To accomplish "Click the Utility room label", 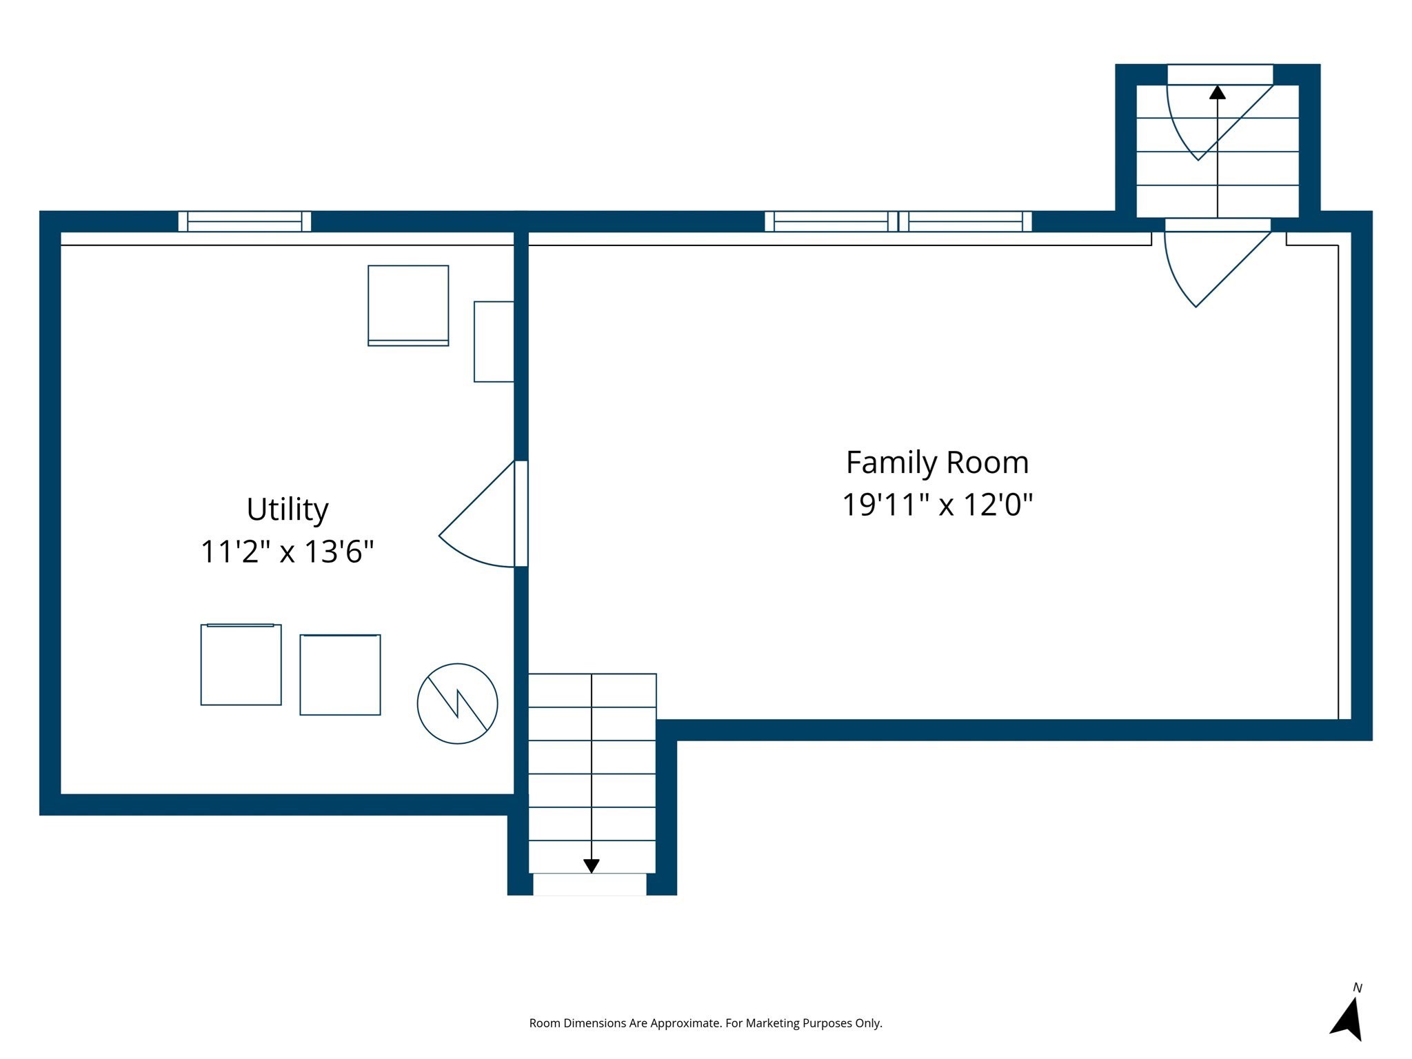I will (x=287, y=510).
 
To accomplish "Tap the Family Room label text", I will (x=937, y=462).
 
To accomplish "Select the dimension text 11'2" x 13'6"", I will (x=287, y=552).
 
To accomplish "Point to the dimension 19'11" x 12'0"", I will (x=937, y=505).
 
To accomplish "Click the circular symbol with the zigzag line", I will (x=457, y=703).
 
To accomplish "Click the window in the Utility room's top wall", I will (x=244, y=221).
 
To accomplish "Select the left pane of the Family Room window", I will (x=831, y=221).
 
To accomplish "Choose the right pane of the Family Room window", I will (x=965, y=221).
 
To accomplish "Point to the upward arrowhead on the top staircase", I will (x=1218, y=92).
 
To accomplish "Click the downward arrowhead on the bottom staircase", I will (x=591, y=866).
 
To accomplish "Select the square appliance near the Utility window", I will (x=408, y=305).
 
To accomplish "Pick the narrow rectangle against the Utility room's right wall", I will (x=494, y=341).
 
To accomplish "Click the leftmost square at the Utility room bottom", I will (x=241, y=665).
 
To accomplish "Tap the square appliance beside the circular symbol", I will (x=340, y=674).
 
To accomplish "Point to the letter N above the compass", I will (x=1357, y=988).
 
